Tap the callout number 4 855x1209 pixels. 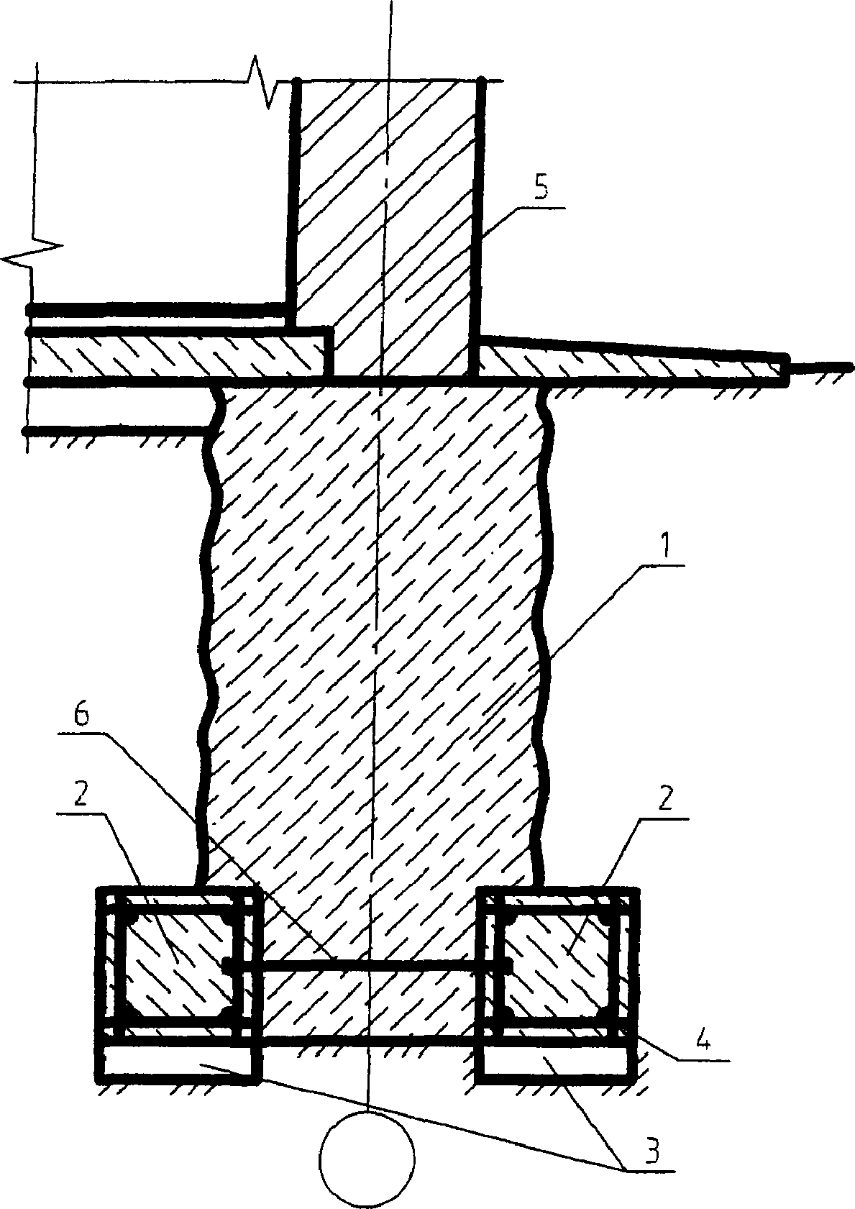click(704, 1042)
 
